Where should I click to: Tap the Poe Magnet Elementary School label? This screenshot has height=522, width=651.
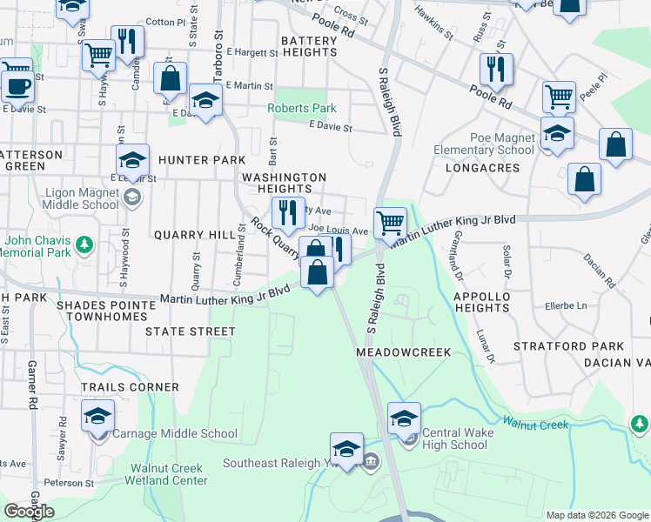point(489,144)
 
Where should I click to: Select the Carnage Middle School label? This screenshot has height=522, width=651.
point(175,433)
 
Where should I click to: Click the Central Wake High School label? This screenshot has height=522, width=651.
point(454,438)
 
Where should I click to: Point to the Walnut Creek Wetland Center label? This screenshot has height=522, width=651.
point(169,474)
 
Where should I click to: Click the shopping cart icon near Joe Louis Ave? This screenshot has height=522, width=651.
point(390,222)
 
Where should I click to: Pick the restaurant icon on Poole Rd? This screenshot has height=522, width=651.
point(495,69)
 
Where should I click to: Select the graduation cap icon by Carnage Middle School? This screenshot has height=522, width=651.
point(97,415)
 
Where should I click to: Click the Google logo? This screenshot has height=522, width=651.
point(29,512)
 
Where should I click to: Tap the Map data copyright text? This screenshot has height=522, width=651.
point(597,515)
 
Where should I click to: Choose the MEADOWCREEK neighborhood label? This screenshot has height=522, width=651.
point(403,352)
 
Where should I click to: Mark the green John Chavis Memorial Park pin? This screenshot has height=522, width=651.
point(84,246)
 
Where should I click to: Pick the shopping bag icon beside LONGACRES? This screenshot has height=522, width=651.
point(584,178)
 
